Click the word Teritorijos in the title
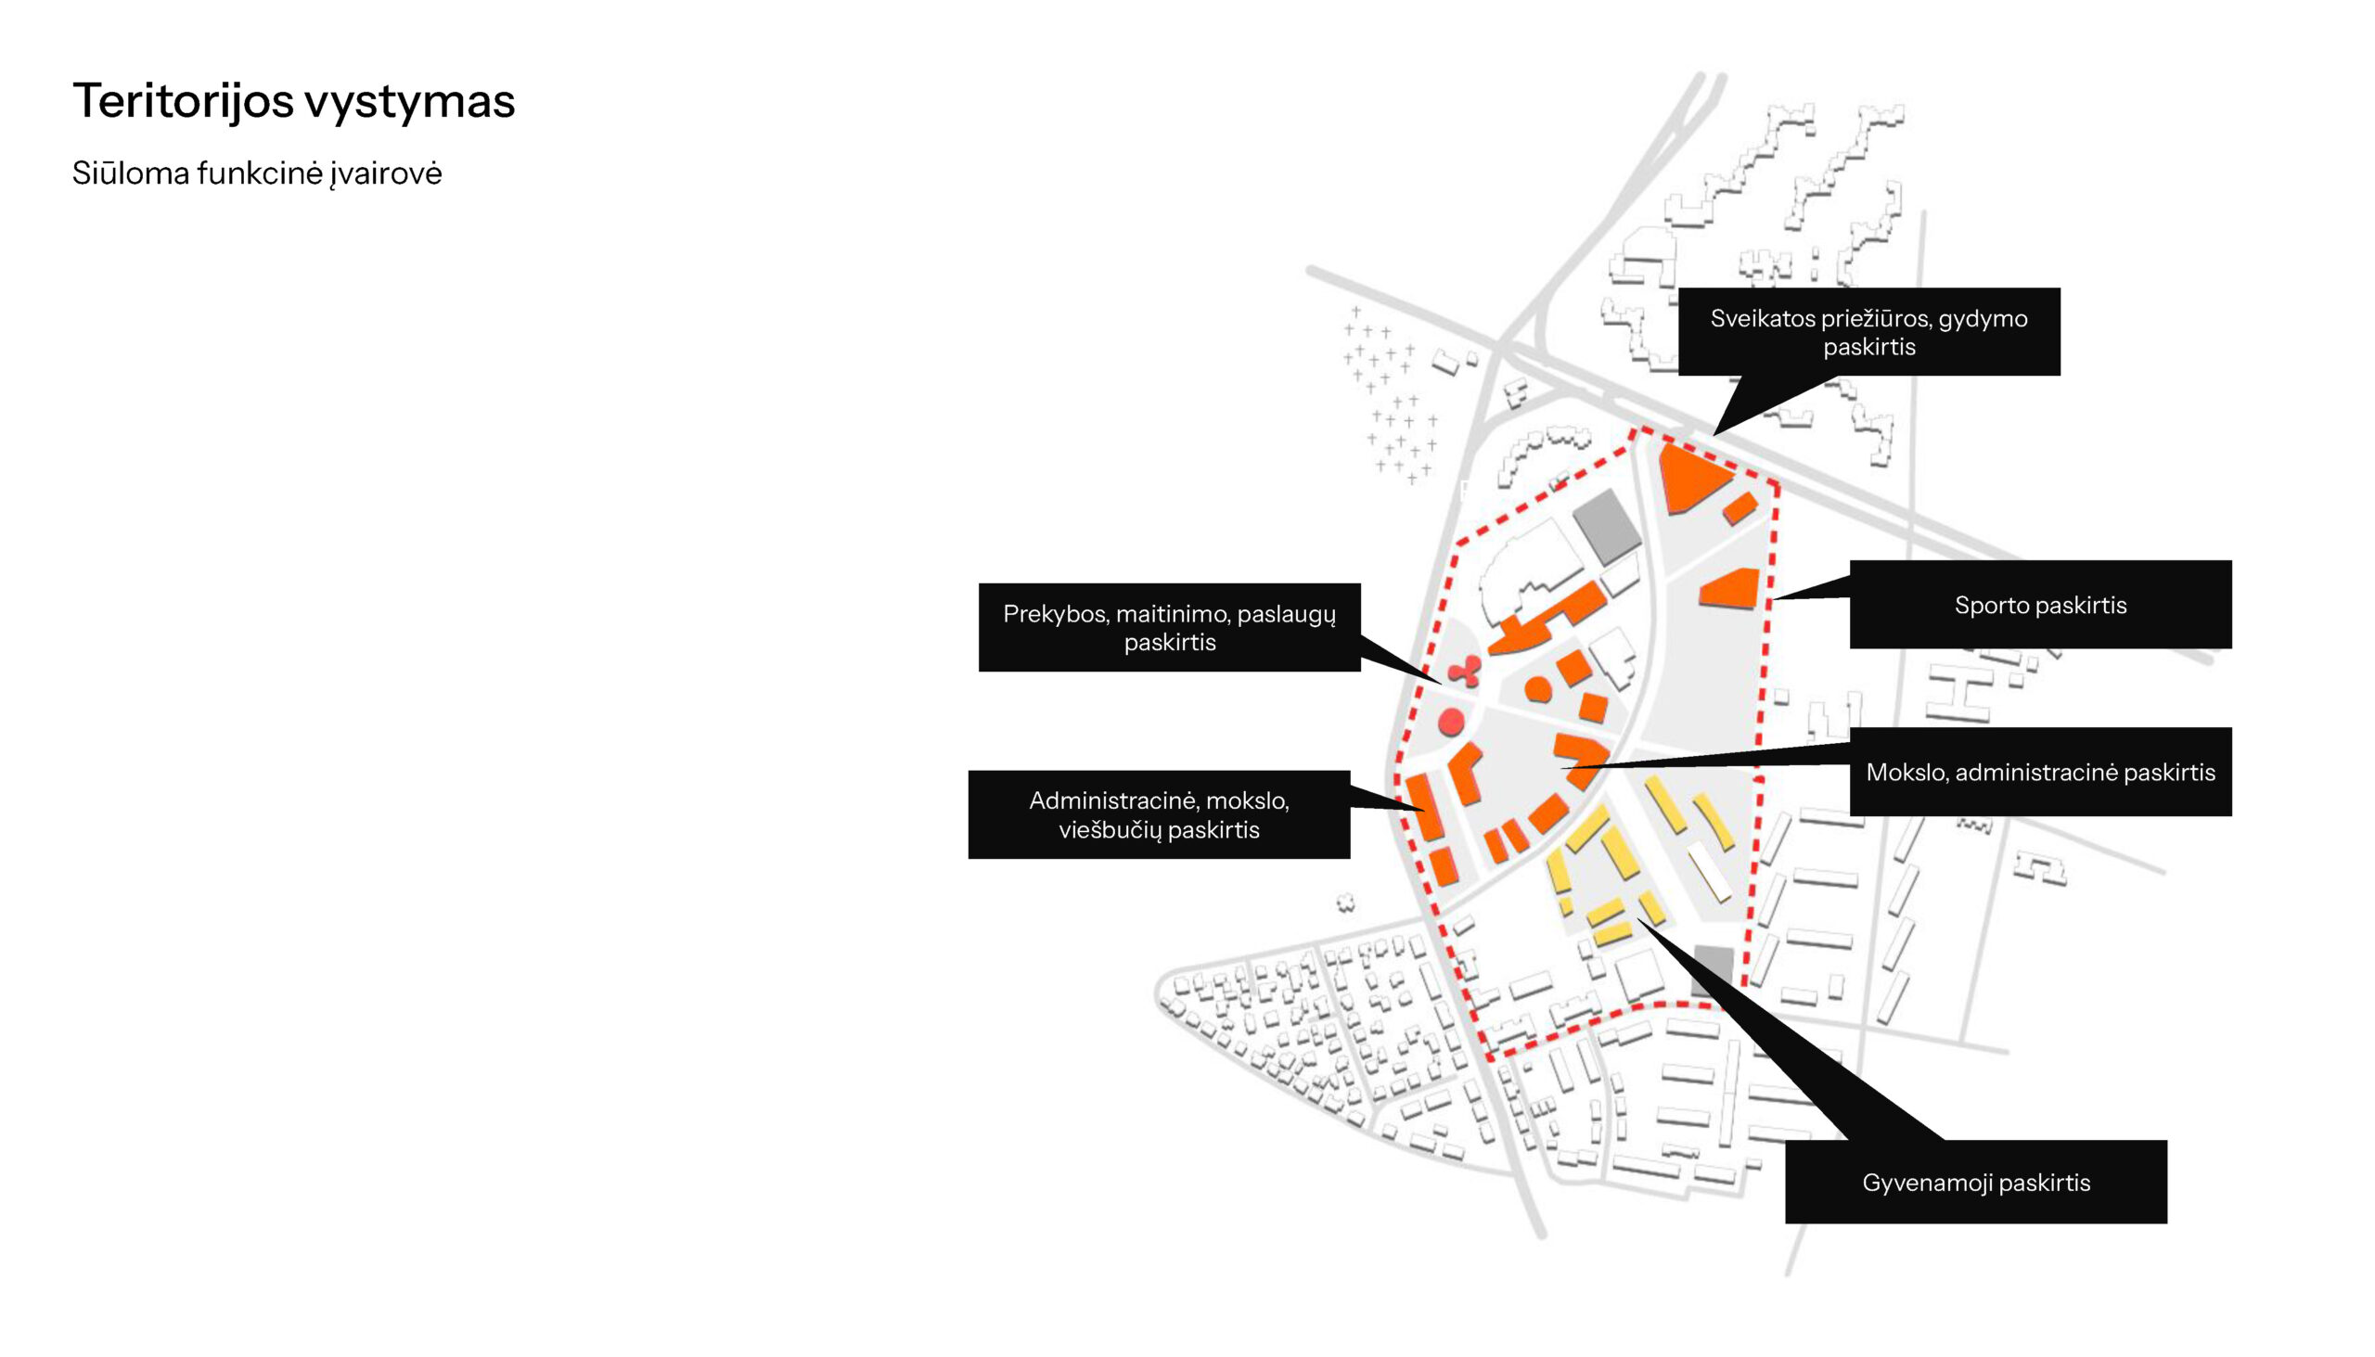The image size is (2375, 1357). click(183, 101)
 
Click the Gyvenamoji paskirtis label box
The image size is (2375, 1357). click(1975, 1182)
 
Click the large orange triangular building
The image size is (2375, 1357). click(1689, 477)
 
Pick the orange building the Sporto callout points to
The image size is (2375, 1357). click(1731, 589)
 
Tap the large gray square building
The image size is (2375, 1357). click(1606, 525)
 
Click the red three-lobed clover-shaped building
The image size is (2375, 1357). click(1465, 670)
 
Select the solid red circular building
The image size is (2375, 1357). click(1451, 722)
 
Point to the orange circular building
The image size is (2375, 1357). click(1538, 690)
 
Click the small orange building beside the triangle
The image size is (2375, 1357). click(1740, 509)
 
